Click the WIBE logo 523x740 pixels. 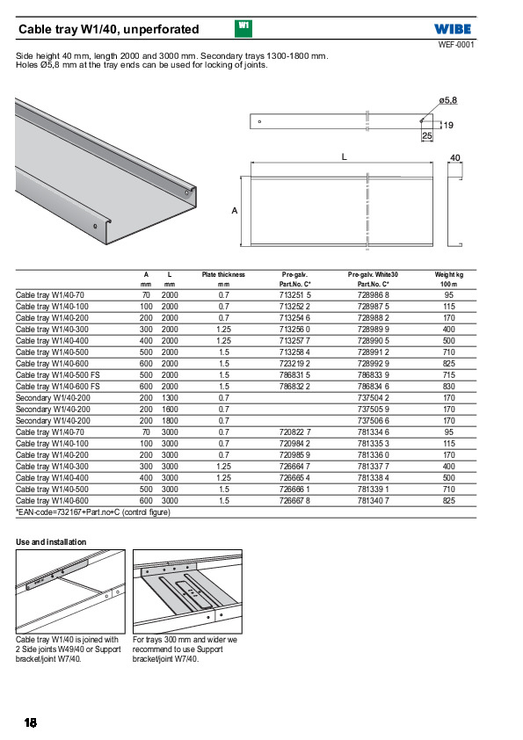click(453, 29)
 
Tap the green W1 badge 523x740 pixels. click(243, 28)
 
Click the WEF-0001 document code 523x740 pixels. click(456, 45)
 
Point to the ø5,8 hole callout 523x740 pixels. click(447, 100)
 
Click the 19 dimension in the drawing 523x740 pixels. click(448, 125)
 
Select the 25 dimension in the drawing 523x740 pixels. click(426, 136)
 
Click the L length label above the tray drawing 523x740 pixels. click(344, 156)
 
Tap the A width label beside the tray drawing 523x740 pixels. click(234, 210)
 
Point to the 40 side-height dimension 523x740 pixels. click(455, 157)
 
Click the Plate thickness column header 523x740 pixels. click(223, 275)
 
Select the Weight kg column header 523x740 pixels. click(449, 275)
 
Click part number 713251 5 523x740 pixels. click(295, 295)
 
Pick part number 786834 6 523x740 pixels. click(374, 387)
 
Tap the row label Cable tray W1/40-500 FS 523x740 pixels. click(58, 375)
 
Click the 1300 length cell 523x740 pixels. click(170, 398)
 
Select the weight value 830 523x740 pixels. click(449, 387)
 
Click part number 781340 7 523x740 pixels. click(374, 501)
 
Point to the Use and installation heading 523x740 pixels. click(51, 541)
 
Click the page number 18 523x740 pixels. click(30, 722)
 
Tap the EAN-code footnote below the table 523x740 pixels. click(93, 512)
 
